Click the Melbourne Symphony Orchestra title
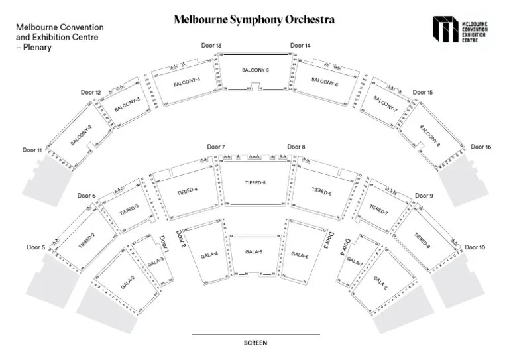(x=254, y=20)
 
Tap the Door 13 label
(x=211, y=45)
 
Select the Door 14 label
(x=300, y=45)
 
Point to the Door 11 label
(x=32, y=150)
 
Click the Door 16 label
(x=481, y=147)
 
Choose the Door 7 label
(x=216, y=147)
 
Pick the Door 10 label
(x=475, y=247)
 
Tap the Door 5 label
(x=36, y=247)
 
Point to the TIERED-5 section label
(x=255, y=182)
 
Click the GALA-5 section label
(x=254, y=252)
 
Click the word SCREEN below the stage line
(x=255, y=343)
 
